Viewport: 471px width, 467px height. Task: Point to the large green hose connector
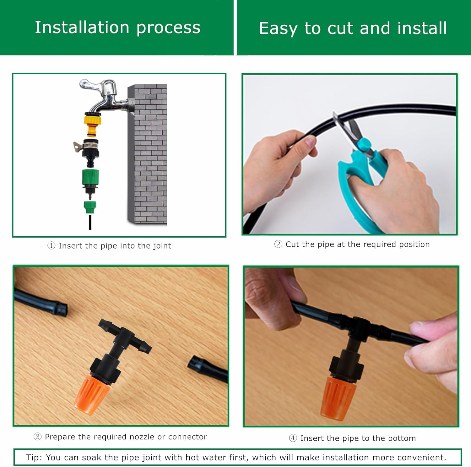[x=91, y=179]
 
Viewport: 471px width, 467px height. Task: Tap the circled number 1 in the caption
[x=51, y=246]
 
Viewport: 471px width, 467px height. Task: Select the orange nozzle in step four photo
[x=335, y=398]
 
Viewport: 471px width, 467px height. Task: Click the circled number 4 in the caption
[x=293, y=438]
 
